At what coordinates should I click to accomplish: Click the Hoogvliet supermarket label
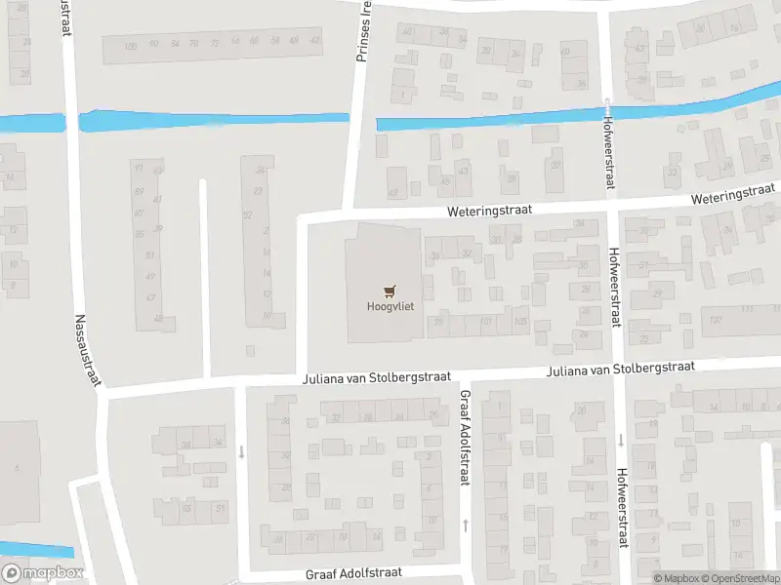390,306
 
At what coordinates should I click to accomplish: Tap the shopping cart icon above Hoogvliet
390,290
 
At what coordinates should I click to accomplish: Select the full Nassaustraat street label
89,348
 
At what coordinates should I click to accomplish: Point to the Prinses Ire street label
364,32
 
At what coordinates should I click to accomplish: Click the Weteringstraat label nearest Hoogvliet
479,210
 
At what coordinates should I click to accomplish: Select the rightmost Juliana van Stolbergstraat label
620,370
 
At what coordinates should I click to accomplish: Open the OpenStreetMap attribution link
735,578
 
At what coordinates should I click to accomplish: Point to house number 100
132,45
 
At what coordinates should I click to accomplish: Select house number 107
716,320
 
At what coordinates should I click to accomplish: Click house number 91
138,168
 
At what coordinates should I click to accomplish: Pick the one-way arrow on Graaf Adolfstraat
466,525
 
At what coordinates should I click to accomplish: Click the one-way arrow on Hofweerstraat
620,441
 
